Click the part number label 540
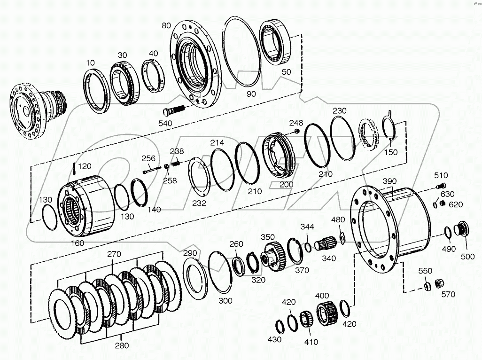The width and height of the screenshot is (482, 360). click(166, 123)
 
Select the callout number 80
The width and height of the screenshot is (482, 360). click(166, 25)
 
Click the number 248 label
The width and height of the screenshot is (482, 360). click(296, 123)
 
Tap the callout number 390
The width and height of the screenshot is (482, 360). click(390, 181)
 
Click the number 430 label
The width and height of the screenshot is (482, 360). click(274, 339)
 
